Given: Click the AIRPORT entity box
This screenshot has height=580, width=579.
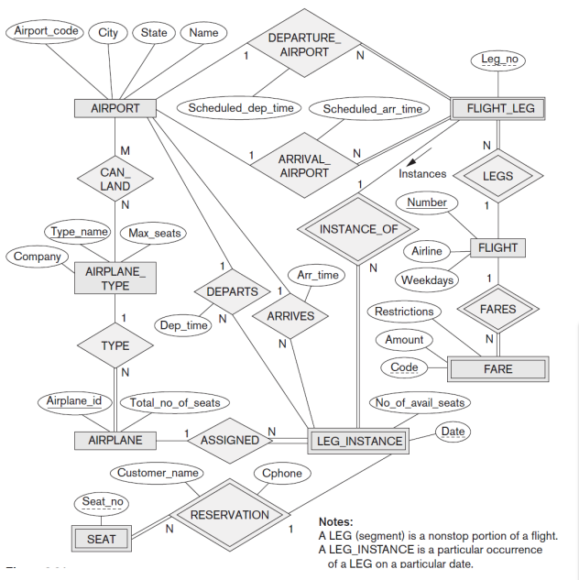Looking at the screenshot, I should click(115, 108).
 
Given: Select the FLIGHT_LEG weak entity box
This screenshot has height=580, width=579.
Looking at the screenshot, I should click(498, 108).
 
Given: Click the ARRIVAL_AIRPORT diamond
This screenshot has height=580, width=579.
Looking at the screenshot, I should click(303, 166).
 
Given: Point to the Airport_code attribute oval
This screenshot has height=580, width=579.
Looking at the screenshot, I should click(46, 31).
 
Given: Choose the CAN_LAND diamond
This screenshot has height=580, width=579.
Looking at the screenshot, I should click(115, 179).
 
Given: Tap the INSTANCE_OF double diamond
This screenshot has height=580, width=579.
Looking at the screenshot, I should click(359, 229).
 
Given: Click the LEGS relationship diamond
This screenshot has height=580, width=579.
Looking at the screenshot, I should click(497, 175).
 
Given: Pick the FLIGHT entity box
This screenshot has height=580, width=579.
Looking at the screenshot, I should click(497, 247).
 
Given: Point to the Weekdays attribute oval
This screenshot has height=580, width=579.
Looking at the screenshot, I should click(427, 279).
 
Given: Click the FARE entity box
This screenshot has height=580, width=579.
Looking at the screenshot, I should click(497, 369).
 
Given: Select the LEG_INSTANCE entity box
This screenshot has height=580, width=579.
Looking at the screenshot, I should click(359, 441).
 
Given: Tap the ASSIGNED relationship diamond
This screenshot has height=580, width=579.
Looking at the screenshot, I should click(229, 440).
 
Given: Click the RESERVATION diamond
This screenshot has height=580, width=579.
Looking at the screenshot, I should click(229, 515).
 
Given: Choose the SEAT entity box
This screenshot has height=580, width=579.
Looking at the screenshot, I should click(101, 539).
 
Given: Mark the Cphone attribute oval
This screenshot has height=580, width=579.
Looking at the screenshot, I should click(281, 474).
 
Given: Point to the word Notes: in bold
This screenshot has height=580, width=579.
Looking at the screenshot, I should click(337, 521).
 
